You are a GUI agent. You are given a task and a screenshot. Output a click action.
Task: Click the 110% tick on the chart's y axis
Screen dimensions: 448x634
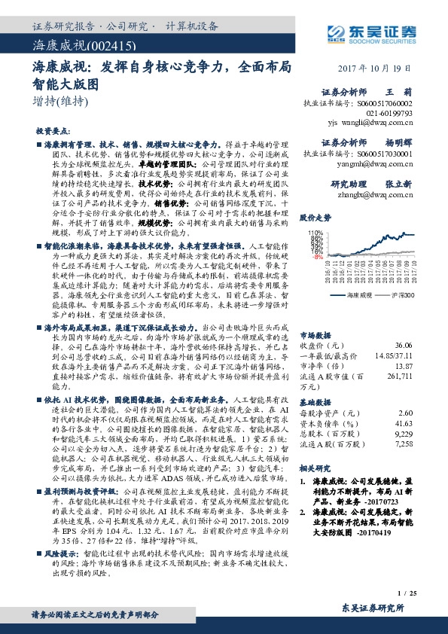[315, 233]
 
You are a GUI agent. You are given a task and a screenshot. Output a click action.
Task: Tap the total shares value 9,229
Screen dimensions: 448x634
[404, 435]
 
